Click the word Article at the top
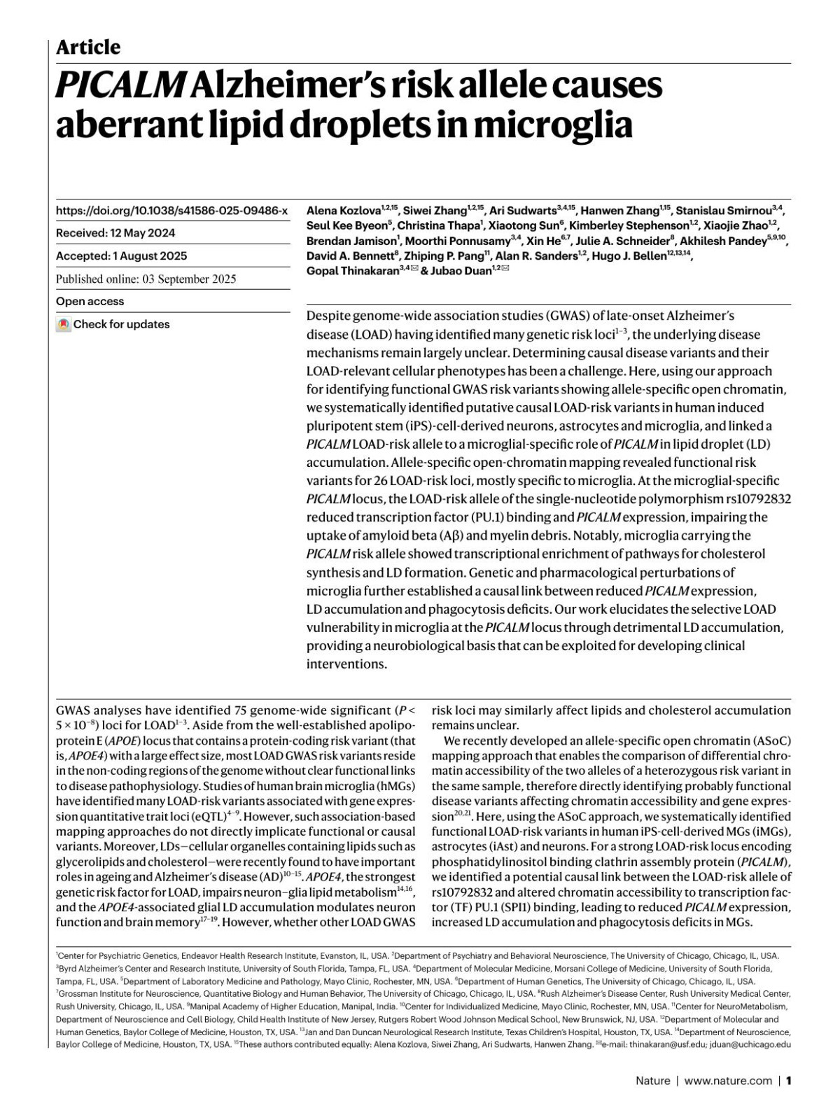click(88, 48)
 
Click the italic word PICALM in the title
click(120, 87)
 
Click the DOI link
click(171, 210)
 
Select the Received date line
click(115, 233)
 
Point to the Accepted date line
click(121, 256)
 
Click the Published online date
click(146, 279)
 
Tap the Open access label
click(90, 302)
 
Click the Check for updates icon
click(64, 325)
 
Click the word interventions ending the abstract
click(346, 664)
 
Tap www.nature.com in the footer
click(728, 1081)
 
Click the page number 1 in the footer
click(788, 1081)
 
